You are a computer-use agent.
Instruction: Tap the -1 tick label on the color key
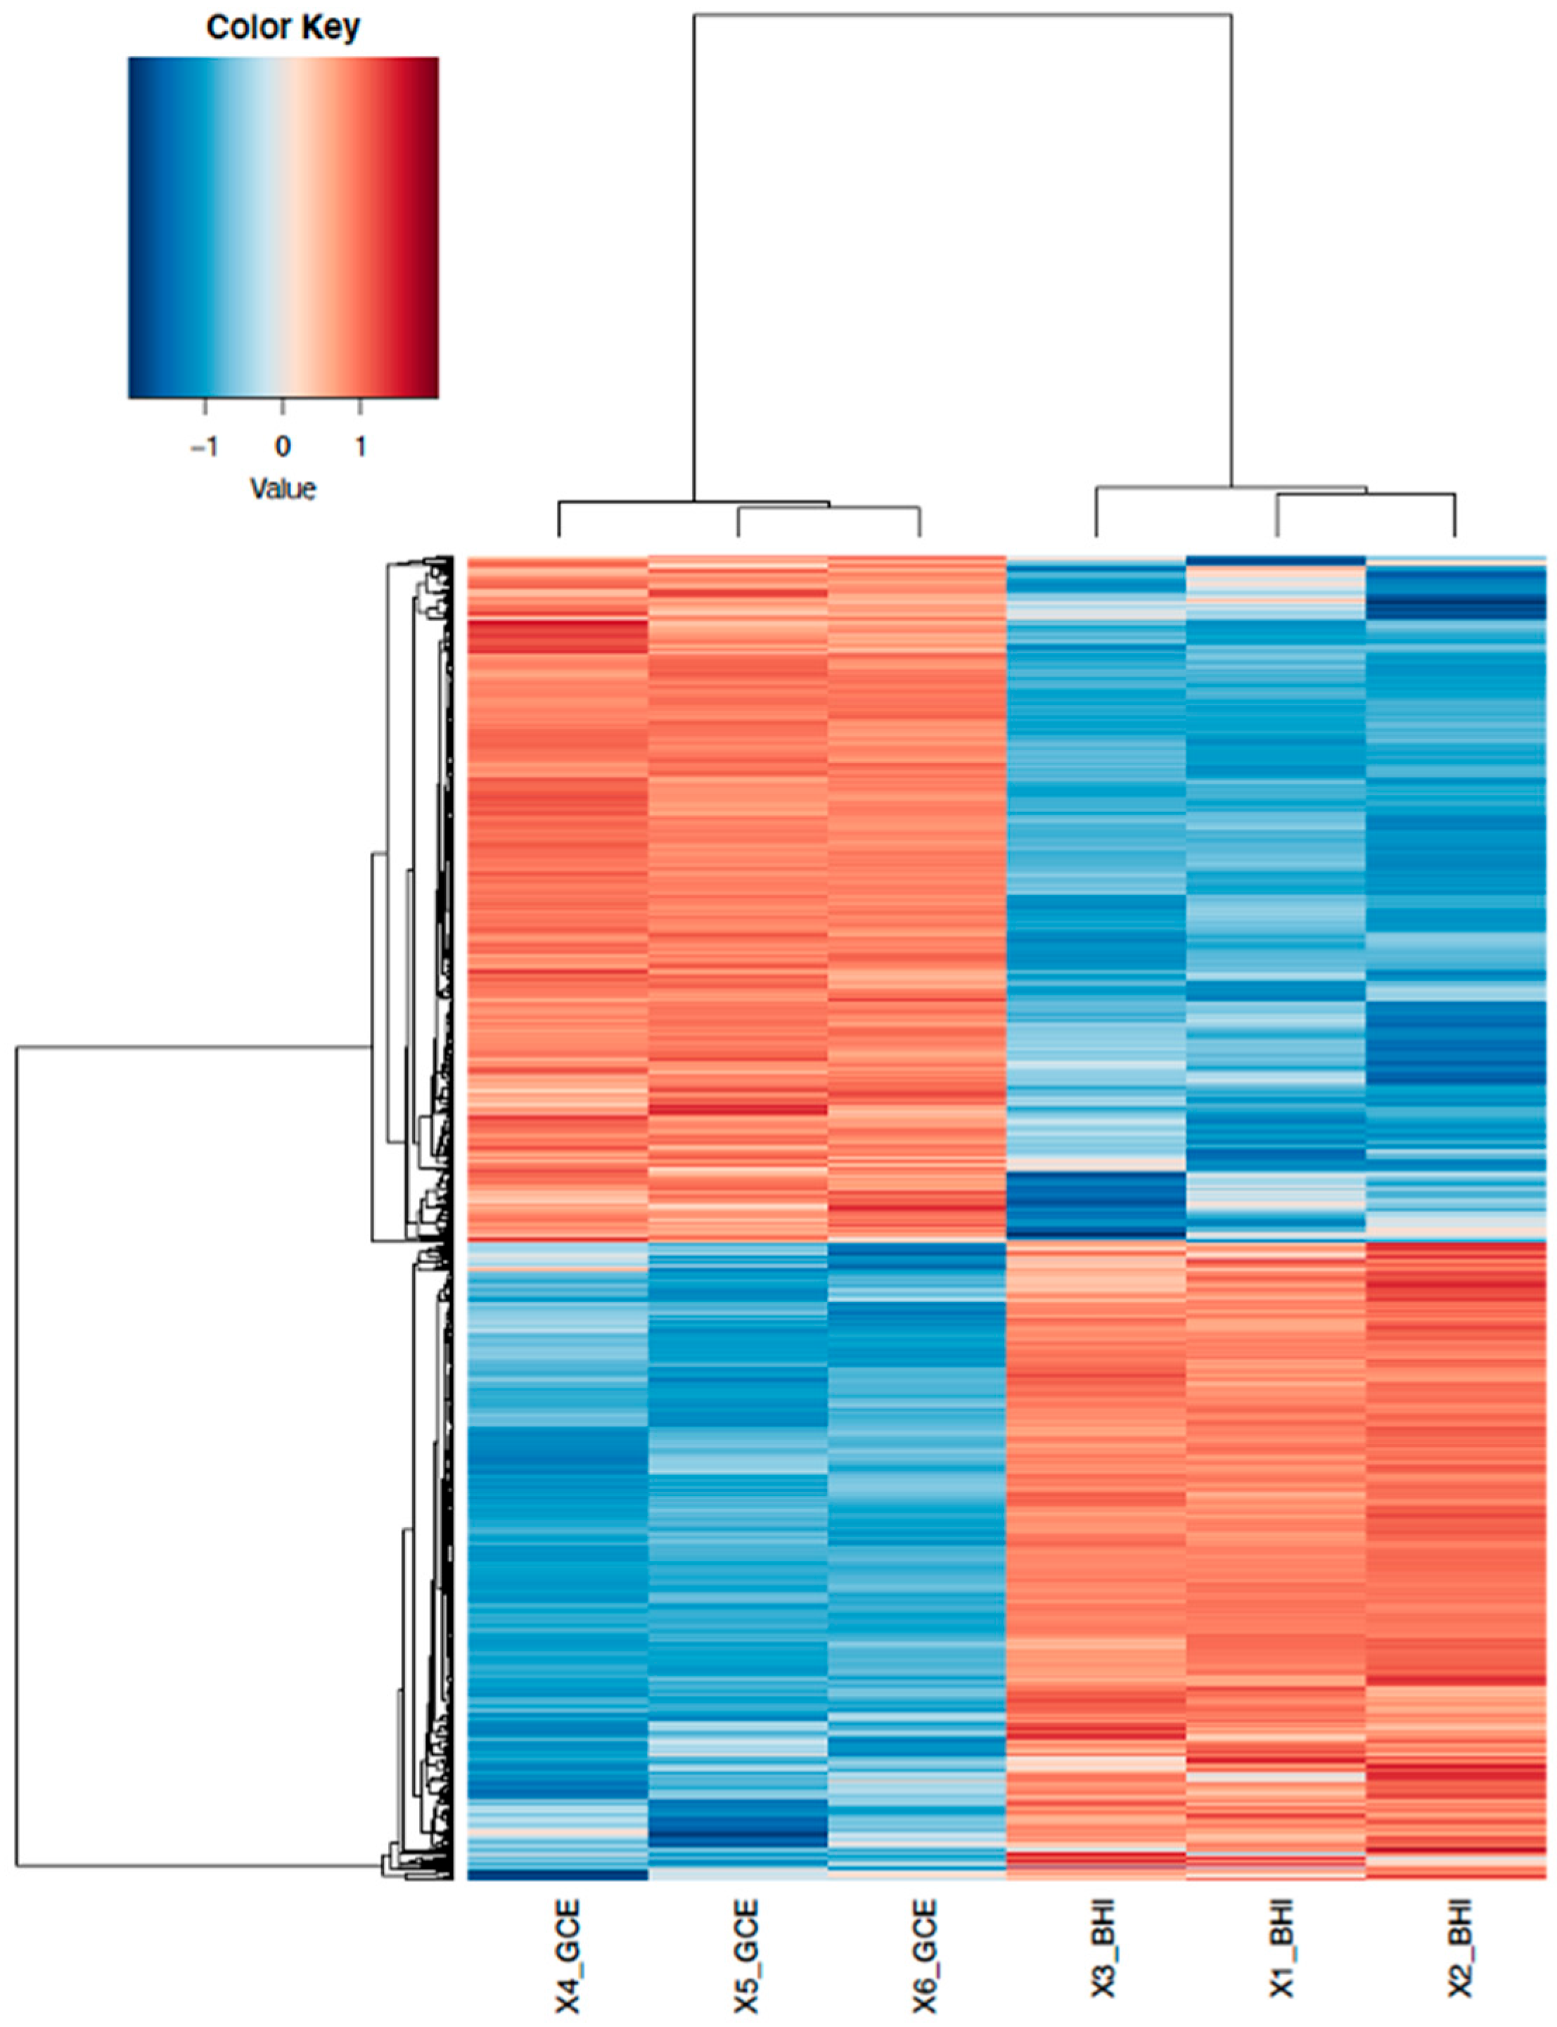pyautogui.click(x=204, y=446)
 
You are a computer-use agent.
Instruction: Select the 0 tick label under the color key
pyautogui.click(x=283, y=446)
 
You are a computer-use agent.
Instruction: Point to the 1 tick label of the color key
pyautogui.click(x=361, y=446)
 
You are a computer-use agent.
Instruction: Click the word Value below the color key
pyautogui.click(x=283, y=488)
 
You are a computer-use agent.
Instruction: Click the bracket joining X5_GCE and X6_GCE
pyautogui.click(x=828, y=508)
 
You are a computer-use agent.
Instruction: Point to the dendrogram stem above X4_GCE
pyautogui.click(x=559, y=519)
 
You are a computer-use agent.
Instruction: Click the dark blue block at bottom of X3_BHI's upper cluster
pyautogui.click(x=1096, y=1204)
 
